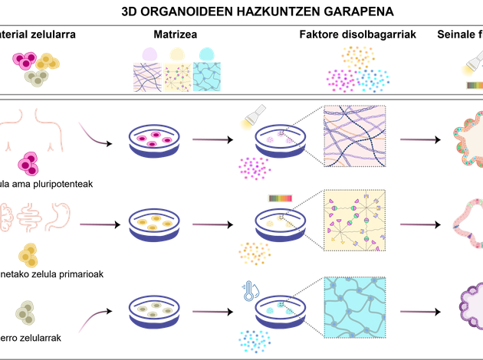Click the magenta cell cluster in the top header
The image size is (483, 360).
(24, 60)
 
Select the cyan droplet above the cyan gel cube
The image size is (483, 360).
(205, 54)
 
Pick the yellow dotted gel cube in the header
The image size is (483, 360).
(177, 77)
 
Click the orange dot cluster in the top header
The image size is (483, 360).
(358, 56)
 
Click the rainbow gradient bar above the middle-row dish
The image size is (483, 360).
(280, 198)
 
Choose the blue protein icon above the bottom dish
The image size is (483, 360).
(249, 288)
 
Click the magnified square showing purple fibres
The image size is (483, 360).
(355, 136)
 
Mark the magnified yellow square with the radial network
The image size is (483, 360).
(355, 221)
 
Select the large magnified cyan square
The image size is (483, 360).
(355, 307)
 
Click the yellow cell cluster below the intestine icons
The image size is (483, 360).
(28, 255)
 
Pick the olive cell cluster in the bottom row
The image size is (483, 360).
(26, 310)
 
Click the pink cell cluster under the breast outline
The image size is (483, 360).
(28, 160)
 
